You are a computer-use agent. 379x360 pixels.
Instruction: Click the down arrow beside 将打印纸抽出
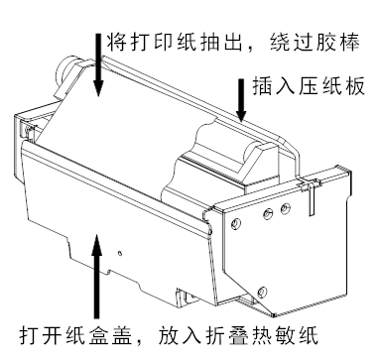[x=98, y=64]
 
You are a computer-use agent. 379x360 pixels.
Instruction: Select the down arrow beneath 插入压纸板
[x=241, y=99]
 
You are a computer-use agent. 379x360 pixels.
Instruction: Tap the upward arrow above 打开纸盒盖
[x=96, y=276]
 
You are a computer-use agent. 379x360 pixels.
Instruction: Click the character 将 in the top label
[x=116, y=42]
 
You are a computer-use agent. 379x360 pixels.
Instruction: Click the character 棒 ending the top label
[x=350, y=42]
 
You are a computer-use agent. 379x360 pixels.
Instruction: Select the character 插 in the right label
[x=262, y=86]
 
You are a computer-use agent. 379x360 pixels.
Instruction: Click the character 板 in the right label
[x=355, y=86]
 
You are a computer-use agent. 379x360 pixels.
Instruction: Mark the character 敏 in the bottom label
[x=285, y=336]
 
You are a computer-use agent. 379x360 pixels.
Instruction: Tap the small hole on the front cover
[x=120, y=254]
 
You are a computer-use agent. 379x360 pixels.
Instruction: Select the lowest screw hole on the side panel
[x=262, y=292]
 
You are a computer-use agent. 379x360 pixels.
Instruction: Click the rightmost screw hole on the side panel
[x=286, y=208]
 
